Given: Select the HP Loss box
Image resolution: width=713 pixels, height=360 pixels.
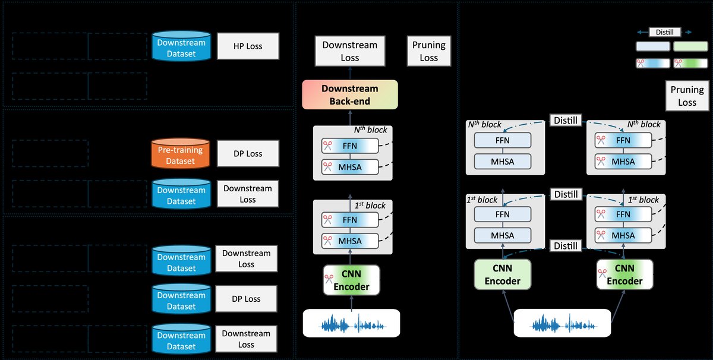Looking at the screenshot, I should pos(248,46).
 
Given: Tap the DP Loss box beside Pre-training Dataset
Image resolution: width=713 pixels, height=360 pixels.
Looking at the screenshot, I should pos(248,154).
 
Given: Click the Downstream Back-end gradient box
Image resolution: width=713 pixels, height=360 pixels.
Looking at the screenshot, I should pos(349,95).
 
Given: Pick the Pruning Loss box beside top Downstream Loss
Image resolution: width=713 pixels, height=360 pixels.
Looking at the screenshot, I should pos(428,52).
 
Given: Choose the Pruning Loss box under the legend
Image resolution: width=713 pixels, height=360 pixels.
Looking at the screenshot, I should pos(687,96).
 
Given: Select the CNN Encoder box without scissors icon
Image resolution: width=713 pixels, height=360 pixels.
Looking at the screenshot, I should pos(502,275).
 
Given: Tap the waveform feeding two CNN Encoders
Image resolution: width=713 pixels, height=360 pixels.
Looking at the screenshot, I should pos(562,324).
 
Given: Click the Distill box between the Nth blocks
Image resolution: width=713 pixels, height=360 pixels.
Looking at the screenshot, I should pos(565,121).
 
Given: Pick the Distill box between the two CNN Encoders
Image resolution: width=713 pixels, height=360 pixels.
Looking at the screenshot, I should pos(565,245).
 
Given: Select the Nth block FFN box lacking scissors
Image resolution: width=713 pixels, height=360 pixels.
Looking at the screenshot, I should pos(502,141).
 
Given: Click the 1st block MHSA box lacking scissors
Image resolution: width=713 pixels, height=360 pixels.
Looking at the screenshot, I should pos(502,235).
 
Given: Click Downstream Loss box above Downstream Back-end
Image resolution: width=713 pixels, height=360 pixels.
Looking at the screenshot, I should pos(349,52).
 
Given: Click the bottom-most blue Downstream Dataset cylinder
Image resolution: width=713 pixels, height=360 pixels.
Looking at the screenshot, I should pos(181,339).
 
